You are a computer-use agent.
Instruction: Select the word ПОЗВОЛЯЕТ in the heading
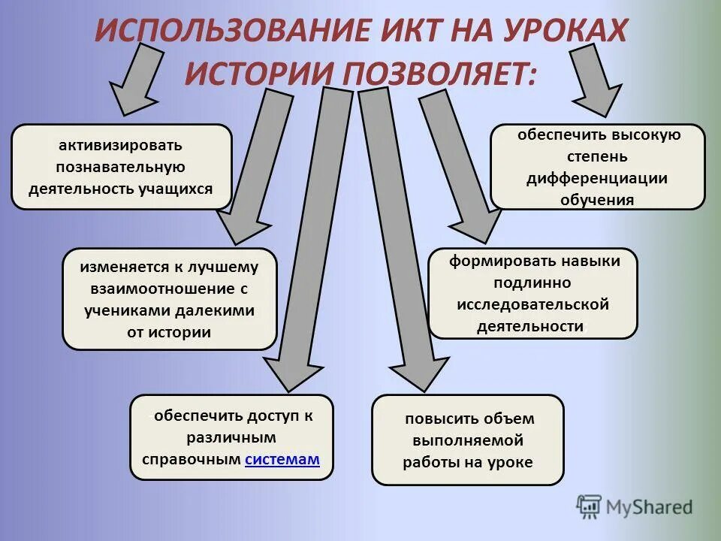pos(439,72)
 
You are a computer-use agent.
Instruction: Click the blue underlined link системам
pos(282,460)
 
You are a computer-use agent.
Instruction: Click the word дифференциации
pos(597,178)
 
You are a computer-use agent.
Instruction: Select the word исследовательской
pos(532,304)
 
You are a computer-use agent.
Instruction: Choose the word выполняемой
pos(468,440)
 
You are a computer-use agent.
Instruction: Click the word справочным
pos(192,460)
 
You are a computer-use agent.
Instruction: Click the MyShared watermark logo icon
pos(590,508)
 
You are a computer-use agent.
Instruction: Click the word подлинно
pos(532,283)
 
